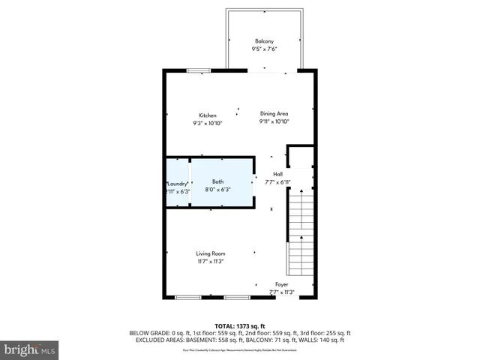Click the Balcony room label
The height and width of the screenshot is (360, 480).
pyautogui.click(x=264, y=40)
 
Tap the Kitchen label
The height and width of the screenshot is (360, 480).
pyautogui.click(x=208, y=115)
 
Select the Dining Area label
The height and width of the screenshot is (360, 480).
pyautogui.click(x=274, y=113)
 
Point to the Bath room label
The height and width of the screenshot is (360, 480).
pyautogui.click(x=217, y=181)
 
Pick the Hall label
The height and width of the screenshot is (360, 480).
pyautogui.click(x=277, y=174)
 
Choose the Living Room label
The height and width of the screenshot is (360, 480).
pyautogui.click(x=211, y=253)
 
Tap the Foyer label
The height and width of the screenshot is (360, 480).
pyautogui.click(x=281, y=284)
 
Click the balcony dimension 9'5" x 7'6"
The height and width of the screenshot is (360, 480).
pyautogui.click(x=264, y=49)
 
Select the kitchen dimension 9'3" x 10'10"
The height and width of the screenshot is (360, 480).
pyautogui.click(x=208, y=123)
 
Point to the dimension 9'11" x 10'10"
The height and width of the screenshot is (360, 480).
pyautogui.click(x=274, y=121)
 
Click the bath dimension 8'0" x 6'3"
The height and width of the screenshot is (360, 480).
pyautogui.click(x=217, y=190)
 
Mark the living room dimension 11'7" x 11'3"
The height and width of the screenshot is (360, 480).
pyautogui.click(x=211, y=262)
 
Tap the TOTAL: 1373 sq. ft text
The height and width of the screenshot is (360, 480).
pyautogui.click(x=240, y=326)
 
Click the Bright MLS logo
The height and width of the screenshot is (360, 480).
pyautogui.click(x=30, y=349)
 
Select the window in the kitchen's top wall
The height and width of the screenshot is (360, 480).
pyautogui.click(x=199, y=71)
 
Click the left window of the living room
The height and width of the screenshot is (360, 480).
pyautogui.click(x=187, y=298)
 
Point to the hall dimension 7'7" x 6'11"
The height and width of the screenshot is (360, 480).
pyautogui.click(x=277, y=182)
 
